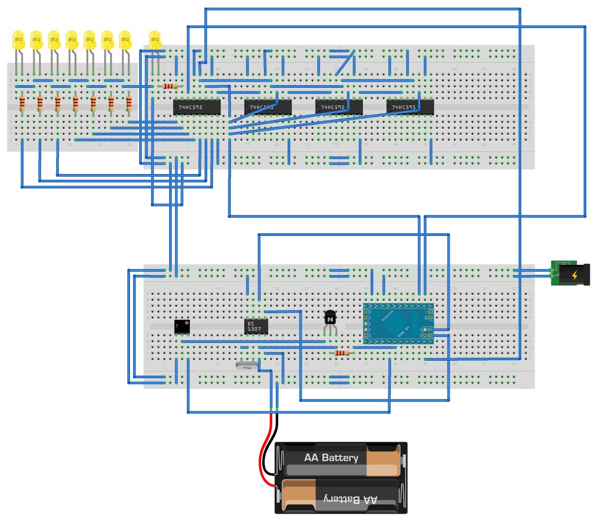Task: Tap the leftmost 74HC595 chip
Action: pyautogui.click(x=196, y=107)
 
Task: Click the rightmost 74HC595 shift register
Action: pyautogui.click(x=410, y=107)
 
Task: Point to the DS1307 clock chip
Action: pyautogui.click(x=256, y=326)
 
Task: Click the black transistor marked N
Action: pyautogui.click(x=330, y=318)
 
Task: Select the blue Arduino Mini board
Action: pyautogui.click(x=398, y=323)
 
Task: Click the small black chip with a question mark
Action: pyautogui.click(x=182, y=326)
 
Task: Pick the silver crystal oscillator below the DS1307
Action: pyautogui.click(x=247, y=365)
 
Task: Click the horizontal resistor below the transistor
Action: pyautogui.click(x=342, y=353)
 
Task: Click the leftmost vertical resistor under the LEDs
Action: pyautogui.click(x=22, y=104)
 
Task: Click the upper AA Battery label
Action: pyautogui.click(x=331, y=458)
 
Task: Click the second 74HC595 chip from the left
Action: pyautogui.click(x=268, y=107)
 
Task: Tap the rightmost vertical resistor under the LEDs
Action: pyautogui.click(x=129, y=104)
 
